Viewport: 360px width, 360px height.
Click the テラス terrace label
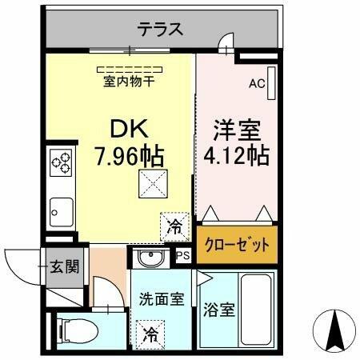click(x=160, y=29)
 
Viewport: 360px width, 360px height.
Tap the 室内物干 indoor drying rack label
click(x=129, y=81)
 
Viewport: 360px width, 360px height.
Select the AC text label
click(x=257, y=84)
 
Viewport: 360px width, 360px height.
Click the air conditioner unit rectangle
click(x=271, y=83)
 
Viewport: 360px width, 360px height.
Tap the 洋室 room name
click(x=237, y=130)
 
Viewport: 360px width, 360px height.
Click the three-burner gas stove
click(x=61, y=162)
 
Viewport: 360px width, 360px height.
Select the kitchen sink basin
click(x=62, y=212)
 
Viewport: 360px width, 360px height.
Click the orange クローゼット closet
click(x=237, y=245)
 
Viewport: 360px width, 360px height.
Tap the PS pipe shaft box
click(x=183, y=256)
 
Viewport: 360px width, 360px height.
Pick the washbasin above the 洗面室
click(x=150, y=258)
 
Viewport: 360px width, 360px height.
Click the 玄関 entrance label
click(x=65, y=266)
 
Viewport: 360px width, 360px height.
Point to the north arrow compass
click(x=334, y=331)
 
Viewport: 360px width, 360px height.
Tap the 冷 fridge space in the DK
click(x=175, y=227)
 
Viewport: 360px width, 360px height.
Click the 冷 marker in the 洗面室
click(x=150, y=334)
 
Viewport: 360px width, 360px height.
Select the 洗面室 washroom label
click(x=162, y=299)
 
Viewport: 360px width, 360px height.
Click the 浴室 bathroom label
click(x=219, y=310)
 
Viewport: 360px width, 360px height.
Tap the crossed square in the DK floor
click(x=153, y=184)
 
